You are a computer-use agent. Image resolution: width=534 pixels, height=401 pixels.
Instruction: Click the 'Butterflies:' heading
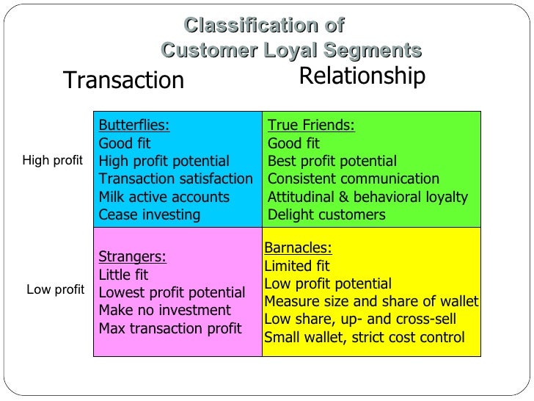click(133, 125)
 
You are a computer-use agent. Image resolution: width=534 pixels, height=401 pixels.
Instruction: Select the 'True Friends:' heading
click(311, 126)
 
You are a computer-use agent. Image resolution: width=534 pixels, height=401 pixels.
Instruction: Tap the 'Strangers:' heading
click(132, 257)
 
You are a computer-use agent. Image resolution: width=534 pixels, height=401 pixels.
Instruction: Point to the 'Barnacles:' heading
click(298, 248)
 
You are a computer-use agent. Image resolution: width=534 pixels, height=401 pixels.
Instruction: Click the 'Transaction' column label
click(124, 80)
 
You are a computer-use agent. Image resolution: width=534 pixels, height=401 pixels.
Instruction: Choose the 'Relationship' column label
click(362, 76)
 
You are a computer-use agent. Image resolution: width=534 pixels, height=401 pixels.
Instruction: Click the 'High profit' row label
click(53, 160)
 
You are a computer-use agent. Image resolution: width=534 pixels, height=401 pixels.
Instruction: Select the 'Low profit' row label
click(56, 289)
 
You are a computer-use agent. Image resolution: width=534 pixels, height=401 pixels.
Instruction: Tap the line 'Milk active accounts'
click(164, 198)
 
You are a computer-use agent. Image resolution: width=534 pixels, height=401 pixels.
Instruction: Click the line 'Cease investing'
click(149, 215)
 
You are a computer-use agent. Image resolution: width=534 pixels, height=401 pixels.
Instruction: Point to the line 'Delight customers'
click(326, 215)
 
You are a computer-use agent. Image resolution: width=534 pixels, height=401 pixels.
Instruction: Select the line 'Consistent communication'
click(354, 179)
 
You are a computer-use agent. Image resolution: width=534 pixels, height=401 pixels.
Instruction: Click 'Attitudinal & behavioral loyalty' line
click(367, 198)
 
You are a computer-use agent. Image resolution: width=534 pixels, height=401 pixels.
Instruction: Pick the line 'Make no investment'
click(164, 311)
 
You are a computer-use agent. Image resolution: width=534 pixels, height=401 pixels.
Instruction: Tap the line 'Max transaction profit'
click(169, 328)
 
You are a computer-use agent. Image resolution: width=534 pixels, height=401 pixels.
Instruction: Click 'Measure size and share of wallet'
click(371, 302)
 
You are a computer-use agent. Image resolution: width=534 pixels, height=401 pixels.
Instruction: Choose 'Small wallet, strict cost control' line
click(364, 338)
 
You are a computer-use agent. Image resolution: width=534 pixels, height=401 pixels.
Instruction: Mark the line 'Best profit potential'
click(332, 162)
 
